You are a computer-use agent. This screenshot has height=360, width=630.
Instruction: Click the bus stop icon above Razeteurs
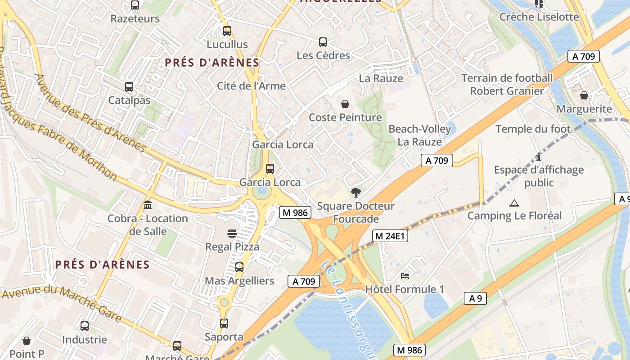pos(135,6)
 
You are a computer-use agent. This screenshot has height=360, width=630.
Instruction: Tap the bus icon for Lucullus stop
pos(227,31)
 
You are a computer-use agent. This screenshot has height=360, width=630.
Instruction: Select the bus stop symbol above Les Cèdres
pos(323,42)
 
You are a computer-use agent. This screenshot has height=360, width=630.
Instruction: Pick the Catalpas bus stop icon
pos(129,87)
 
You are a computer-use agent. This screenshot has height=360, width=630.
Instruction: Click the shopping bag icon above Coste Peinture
pos(345,104)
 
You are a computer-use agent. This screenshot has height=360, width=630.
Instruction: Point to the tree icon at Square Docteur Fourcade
pos(355,193)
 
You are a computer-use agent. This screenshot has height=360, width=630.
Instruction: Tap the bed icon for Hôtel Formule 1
pos(405,275)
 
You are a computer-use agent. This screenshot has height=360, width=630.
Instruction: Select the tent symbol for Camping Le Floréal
pos(514,203)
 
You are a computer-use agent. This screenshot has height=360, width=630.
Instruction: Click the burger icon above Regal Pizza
pos(232,234)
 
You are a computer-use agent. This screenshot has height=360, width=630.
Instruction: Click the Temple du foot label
pos(533,129)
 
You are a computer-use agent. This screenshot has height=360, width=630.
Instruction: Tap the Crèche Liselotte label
pos(539,17)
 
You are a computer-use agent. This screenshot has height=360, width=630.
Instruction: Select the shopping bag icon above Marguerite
pos(584,96)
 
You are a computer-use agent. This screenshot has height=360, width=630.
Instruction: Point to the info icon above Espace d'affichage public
pos(539,157)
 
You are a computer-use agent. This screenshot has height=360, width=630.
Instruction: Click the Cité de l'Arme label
pos(251,86)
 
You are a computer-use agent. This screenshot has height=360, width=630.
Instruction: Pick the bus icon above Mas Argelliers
pos(239,267)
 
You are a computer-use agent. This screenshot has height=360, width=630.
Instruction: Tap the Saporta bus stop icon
pos(224,324)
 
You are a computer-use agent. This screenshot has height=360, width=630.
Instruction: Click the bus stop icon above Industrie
pos(85,326)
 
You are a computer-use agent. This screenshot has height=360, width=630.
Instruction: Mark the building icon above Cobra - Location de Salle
pos(148,205)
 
